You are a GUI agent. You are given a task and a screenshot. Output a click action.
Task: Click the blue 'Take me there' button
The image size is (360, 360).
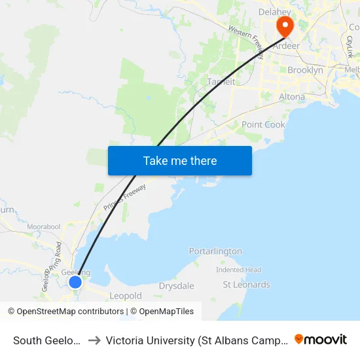(x=180, y=160)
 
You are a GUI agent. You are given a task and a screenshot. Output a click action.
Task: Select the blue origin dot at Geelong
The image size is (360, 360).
(x=75, y=281)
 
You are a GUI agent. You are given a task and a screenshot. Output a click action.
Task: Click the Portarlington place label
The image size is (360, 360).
(x=215, y=251)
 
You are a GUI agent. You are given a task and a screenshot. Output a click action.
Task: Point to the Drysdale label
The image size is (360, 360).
(x=177, y=286)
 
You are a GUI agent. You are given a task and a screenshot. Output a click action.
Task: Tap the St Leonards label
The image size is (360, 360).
(x=246, y=285)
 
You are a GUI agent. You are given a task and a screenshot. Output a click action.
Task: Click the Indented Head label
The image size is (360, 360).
(x=239, y=270)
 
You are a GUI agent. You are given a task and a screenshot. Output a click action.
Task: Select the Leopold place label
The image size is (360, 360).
(x=126, y=296)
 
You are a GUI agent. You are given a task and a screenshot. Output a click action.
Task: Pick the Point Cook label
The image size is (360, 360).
(x=263, y=124)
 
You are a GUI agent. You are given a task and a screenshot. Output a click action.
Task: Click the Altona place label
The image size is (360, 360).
(x=291, y=97)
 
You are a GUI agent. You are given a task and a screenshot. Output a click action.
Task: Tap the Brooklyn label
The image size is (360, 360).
(x=305, y=70)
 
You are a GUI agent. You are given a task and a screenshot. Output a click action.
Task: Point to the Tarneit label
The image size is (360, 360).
(x=221, y=82)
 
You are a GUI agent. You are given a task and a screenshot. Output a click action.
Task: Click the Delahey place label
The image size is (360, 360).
(x=274, y=12)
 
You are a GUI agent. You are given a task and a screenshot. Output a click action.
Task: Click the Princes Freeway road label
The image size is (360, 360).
(x=124, y=197)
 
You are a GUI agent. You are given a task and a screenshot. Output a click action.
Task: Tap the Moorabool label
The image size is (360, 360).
(x=43, y=226)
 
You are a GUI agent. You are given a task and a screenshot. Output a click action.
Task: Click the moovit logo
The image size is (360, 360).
(x=321, y=339)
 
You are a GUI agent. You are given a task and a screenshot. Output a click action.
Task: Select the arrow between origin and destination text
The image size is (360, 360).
(x=94, y=340)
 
